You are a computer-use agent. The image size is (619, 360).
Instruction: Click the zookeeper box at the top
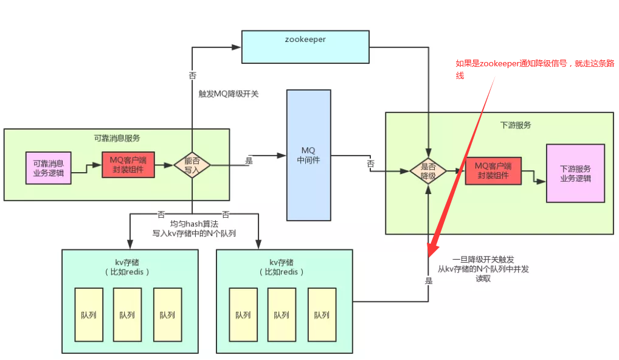point(305,46)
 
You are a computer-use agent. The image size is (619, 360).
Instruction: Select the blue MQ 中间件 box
point(309,155)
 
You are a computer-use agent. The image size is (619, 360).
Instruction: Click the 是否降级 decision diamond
point(429,171)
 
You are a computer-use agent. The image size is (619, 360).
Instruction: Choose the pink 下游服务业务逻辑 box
point(575,173)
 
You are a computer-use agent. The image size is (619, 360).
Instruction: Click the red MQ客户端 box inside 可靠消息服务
point(128,164)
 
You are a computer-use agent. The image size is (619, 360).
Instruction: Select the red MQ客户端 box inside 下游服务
point(494,170)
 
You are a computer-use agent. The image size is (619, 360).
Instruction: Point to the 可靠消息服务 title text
point(117,138)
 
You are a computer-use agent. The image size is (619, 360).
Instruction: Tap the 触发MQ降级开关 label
point(228,94)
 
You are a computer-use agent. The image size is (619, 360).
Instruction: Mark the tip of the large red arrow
point(431,255)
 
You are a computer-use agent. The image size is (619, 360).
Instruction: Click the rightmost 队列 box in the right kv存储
point(322,314)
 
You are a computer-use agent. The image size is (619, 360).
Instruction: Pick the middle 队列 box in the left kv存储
point(127,314)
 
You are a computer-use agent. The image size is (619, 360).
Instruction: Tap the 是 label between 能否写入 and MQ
point(249,161)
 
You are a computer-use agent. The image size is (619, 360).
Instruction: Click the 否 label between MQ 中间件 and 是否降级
point(370,165)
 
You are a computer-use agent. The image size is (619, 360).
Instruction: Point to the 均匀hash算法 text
point(193,224)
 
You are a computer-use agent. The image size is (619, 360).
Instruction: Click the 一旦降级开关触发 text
point(483,259)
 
